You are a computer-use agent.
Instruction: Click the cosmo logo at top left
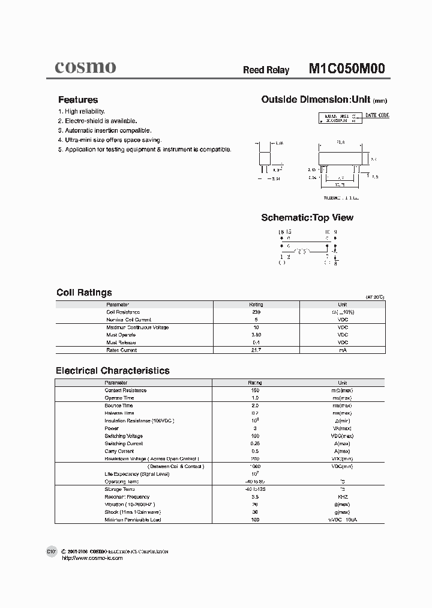(x=85, y=67)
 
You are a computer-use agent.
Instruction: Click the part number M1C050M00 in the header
(x=347, y=68)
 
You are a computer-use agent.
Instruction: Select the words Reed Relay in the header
(x=266, y=70)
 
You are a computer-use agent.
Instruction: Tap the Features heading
(x=78, y=100)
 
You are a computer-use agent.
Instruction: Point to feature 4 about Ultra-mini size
(x=110, y=139)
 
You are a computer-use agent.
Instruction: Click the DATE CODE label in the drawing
(x=377, y=115)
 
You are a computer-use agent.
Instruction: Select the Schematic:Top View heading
(x=307, y=217)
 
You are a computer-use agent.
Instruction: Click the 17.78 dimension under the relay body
(x=340, y=186)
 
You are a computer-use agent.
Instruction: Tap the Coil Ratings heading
(x=84, y=293)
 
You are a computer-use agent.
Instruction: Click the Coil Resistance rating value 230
(x=256, y=312)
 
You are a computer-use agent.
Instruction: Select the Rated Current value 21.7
(x=256, y=350)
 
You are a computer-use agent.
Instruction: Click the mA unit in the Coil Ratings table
(x=343, y=350)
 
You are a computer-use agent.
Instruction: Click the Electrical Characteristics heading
(x=113, y=371)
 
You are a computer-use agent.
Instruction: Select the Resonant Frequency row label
(x=127, y=497)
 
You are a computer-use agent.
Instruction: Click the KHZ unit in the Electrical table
(x=343, y=497)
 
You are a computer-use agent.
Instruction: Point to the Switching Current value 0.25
(x=256, y=443)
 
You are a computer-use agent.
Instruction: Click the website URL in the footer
(x=93, y=558)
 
